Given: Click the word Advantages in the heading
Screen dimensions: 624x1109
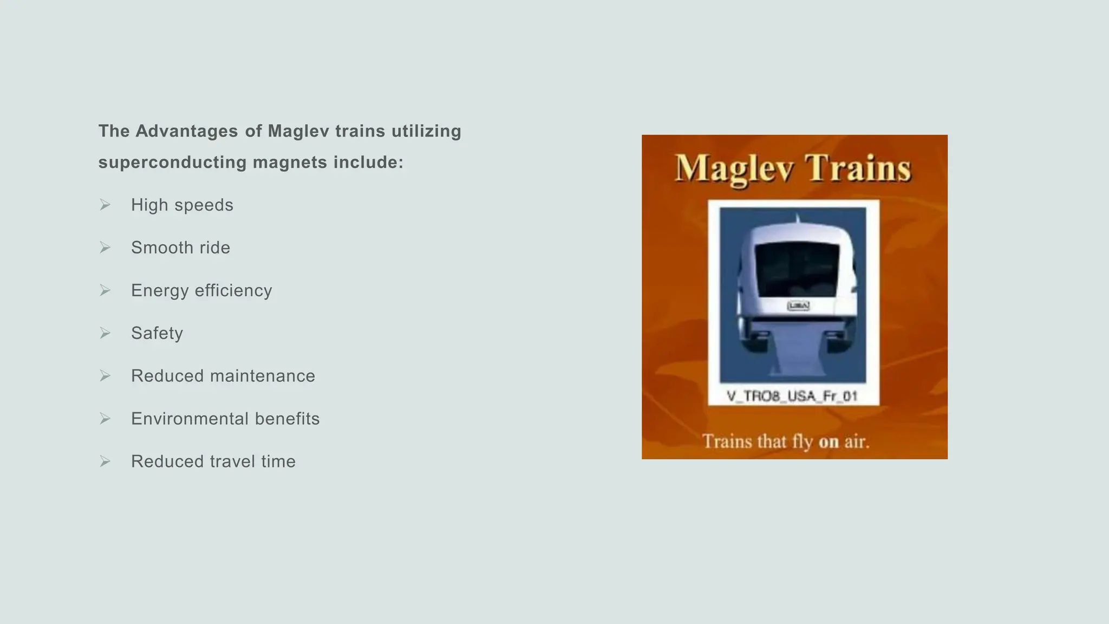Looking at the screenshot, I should (186, 131).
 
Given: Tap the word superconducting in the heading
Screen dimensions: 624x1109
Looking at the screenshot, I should (172, 162).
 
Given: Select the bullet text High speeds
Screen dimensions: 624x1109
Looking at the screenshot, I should (182, 205).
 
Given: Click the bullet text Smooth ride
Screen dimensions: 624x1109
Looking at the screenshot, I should (180, 248).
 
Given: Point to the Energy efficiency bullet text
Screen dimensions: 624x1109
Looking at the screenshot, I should (201, 291).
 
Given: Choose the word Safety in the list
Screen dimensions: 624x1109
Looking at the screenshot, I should (157, 333).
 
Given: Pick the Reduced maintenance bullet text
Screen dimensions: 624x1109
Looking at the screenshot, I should (223, 376).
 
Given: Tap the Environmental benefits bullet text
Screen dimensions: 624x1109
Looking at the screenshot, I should (225, 419).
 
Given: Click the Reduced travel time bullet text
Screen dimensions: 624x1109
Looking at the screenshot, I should (213, 461).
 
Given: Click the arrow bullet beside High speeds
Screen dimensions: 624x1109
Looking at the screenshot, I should (105, 205).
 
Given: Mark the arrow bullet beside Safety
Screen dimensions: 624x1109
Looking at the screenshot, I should (105, 333).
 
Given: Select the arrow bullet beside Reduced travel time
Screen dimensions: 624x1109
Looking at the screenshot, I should (105, 461).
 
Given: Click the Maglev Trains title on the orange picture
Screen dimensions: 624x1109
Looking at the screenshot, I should (793, 168).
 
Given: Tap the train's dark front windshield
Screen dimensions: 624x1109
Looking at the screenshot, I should (797, 270).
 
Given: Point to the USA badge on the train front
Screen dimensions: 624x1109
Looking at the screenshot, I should (798, 306).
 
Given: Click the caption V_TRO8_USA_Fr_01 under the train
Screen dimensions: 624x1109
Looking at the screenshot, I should (792, 396).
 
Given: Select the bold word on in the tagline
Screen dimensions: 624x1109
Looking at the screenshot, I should (829, 442).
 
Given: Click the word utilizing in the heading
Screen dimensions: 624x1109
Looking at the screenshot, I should (426, 131).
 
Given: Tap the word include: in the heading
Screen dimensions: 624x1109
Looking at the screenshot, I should (368, 162).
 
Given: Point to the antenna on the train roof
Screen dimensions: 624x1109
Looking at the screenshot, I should (797, 218).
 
